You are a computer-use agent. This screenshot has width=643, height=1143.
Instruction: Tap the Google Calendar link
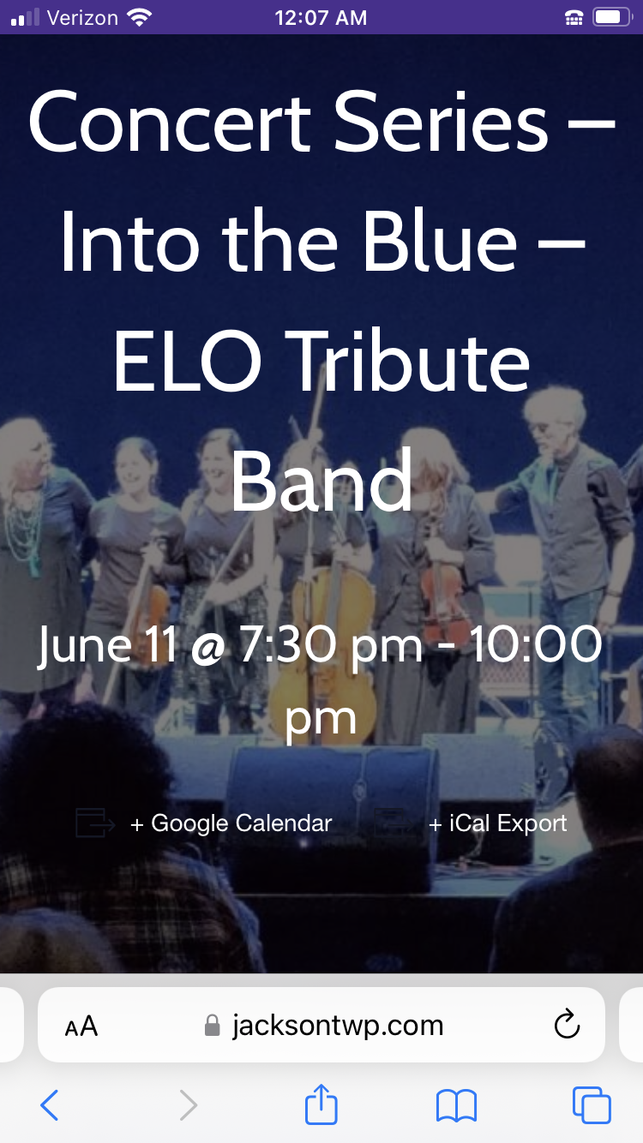pos(231,823)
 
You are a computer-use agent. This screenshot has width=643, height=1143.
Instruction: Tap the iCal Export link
pos(497,823)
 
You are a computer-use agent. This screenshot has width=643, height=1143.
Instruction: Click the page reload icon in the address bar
pos(567,1024)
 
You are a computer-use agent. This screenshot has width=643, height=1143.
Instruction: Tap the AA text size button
pos(81,1026)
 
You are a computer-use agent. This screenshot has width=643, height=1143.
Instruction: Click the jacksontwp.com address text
pos(338,1025)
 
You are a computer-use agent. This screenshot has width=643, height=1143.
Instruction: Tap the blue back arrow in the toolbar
pos(50,1105)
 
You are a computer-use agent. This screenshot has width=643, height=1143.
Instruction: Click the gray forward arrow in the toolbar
pos(189,1105)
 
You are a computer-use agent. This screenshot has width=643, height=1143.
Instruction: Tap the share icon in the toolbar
pos(321,1104)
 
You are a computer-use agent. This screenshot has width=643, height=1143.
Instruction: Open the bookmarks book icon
pos(457,1106)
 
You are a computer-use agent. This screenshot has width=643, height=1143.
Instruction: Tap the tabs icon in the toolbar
pos(592,1105)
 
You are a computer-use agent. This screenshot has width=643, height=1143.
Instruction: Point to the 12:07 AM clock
pos(321,18)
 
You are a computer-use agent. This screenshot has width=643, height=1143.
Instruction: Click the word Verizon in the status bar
pos(83,18)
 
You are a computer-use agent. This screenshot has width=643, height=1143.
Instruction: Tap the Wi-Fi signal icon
pos(140,17)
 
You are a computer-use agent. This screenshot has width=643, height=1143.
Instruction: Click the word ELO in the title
pos(188,362)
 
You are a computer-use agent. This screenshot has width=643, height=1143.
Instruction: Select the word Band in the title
pos(321,480)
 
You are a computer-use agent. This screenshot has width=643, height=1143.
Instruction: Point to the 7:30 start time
pos(286,644)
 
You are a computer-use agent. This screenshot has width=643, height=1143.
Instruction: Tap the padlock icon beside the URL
pos(212,1025)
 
